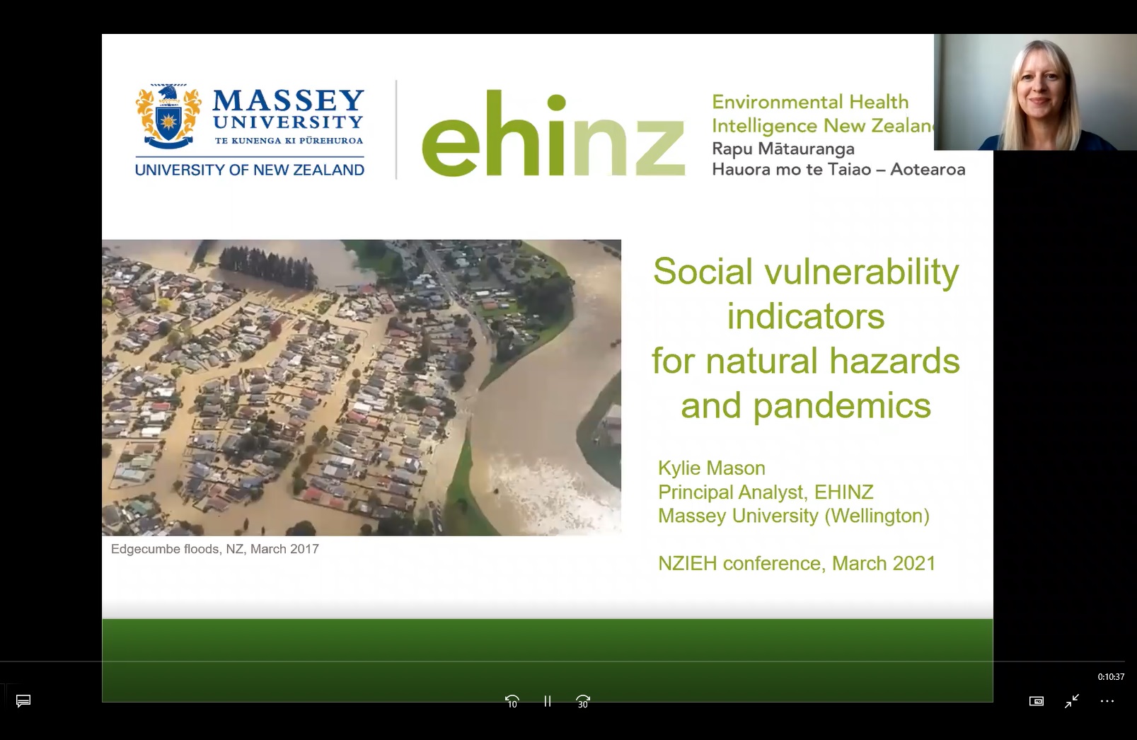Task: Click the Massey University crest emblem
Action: click(168, 116)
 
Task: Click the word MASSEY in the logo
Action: click(288, 100)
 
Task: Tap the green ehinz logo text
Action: click(553, 134)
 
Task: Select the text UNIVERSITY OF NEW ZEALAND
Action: click(250, 170)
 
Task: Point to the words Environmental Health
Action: click(810, 102)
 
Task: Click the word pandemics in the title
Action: click(842, 405)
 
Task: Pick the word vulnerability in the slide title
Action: click(862, 272)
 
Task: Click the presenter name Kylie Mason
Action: click(712, 468)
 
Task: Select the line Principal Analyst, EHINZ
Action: click(766, 492)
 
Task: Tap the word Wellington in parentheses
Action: click(877, 516)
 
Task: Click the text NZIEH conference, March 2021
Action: click(797, 563)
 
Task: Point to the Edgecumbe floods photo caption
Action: click(214, 549)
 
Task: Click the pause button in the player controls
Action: click(547, 701)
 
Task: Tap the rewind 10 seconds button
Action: click(512, 701)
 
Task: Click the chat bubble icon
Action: click(23, 701)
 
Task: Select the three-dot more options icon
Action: click(1107, 701)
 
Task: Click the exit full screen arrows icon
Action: click(1071, 701)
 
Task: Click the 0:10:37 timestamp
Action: click(1111, 676)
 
